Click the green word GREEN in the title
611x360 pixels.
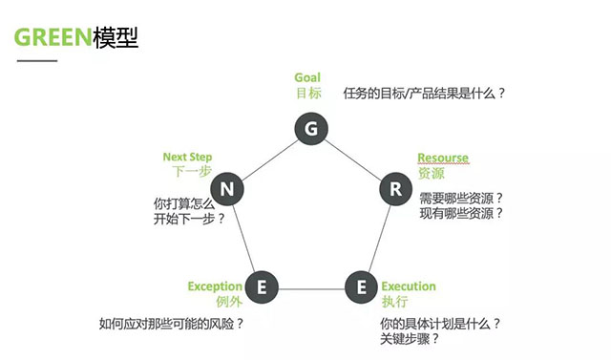click(x=53, y=38)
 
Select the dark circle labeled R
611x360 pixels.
click(x=395, y=188)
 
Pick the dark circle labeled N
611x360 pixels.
click(x=227, y=188)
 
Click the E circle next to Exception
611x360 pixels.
click(x=262, y=286)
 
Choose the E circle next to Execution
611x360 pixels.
click(x=361, y=286)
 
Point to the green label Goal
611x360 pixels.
click(x=307, y=77)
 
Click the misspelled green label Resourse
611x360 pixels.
click(x=443, y=158)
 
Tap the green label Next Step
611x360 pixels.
click(x=187, y=157)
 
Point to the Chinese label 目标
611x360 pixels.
click(x=308, y=94)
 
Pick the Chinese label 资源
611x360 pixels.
click(x=432, y=174)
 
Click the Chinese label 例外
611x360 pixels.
click(x=228, y=302)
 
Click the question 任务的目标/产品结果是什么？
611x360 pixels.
click(x=424, y=94)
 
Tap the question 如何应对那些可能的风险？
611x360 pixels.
click(x=172, y=323)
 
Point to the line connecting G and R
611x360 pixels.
click(x=352, y=159)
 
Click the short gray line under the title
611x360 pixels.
click(x=37, y=61)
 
